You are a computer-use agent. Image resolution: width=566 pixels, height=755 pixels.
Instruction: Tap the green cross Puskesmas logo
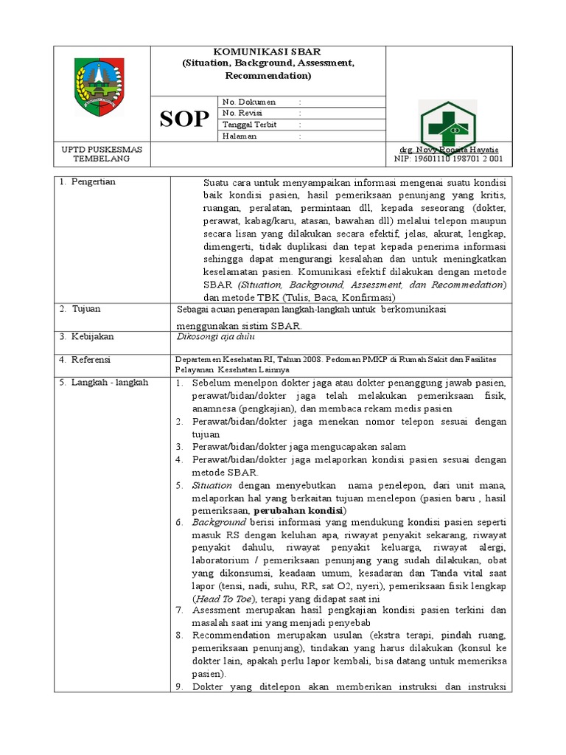447,125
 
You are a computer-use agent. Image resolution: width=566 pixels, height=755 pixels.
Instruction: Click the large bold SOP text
184,119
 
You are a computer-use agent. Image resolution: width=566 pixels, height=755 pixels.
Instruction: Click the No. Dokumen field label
248,102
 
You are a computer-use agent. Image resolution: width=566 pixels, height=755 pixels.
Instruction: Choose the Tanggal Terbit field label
250,125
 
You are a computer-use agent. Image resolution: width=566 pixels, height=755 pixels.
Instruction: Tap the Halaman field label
240,136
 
